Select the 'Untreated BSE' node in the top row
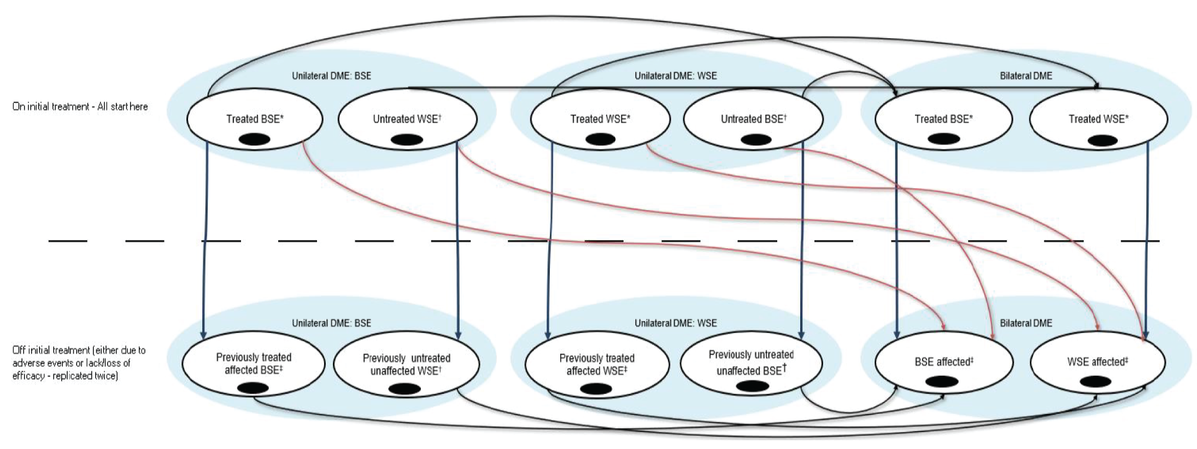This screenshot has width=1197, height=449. (753, 119)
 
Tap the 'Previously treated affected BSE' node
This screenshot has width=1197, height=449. (254, 363)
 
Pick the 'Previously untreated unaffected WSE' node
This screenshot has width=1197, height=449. (406, 364)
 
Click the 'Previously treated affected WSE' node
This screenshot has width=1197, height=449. (596, 364)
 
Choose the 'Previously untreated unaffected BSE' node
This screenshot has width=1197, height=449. (751, 362)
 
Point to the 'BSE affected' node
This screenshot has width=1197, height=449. (944, 361)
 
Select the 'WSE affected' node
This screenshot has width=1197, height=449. (1097, 361)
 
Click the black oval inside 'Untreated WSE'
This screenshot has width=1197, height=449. (407, 140)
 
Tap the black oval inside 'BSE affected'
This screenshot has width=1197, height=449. (942, 382)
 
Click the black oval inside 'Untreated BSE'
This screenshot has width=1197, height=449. (755, 140)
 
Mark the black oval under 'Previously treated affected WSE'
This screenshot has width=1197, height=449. (596, 389)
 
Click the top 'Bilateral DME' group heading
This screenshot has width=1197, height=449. (1025, 76)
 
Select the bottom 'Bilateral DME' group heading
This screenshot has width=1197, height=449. (1025, 323)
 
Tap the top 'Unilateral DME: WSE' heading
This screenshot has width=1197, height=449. (675, 76)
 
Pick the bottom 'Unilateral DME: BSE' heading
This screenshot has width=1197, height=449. (331, 323)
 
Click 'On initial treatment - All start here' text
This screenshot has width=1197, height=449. (80, 107)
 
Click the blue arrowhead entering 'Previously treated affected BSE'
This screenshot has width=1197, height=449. (203, 334)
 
